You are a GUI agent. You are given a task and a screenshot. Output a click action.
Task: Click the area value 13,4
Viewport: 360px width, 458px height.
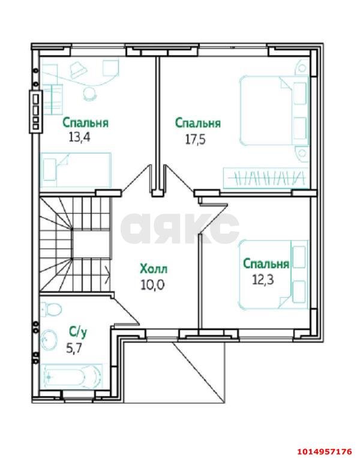click(x=80, y=137)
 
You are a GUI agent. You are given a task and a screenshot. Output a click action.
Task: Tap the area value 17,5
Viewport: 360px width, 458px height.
click(x=196, y=139)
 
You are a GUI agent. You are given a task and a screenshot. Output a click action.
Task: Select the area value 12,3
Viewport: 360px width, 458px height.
click(x=263, y=280)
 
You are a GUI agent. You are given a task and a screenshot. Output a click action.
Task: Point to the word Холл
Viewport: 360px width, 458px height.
click(x=154, y=269)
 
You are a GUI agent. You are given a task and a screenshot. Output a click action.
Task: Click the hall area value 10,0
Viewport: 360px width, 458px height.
click(x=153, y=285)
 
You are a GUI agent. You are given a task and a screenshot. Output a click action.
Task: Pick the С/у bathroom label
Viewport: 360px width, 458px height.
click(x=78, y=332)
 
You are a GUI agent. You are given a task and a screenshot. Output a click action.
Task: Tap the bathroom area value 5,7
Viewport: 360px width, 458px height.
click(x=74, y=348)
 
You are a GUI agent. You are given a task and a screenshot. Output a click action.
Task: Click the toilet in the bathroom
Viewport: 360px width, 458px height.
click(x=51, y=309)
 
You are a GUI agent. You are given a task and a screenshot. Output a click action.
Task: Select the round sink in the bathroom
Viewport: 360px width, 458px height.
click(x=49, y=340)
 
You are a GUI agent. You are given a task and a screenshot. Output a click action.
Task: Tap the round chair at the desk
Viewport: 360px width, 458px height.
click(x=89, y=93)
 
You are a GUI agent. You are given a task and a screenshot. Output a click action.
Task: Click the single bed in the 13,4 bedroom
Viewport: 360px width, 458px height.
click(x=76, y=170)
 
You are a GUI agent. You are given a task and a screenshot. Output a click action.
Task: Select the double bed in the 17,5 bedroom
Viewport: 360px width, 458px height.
click(x=274, y=110)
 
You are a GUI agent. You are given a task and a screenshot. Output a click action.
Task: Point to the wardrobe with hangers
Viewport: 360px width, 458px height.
click(x=266, y=178)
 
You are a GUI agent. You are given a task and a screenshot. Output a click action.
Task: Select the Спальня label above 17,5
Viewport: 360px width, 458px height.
click(x=198, y=123)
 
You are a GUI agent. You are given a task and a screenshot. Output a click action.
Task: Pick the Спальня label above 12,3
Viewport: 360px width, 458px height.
click(x=266, y=264)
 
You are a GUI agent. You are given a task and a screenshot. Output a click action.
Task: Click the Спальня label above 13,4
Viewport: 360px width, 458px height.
click(x=85, y=122)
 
